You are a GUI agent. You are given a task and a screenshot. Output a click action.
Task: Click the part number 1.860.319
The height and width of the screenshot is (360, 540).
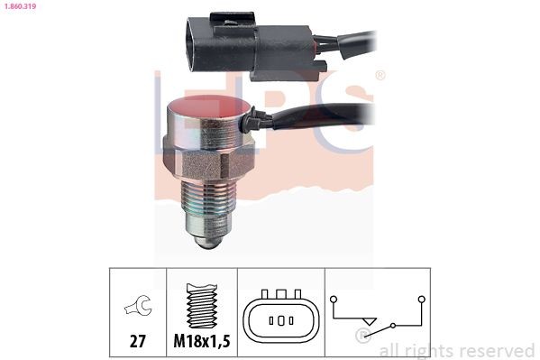point(19,5)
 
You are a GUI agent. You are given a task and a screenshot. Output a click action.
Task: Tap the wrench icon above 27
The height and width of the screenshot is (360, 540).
point(138,305)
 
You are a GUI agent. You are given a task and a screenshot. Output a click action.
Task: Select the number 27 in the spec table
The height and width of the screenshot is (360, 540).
point(137,341)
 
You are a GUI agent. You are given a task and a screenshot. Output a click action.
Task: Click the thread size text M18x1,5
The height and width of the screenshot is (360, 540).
point(201,341)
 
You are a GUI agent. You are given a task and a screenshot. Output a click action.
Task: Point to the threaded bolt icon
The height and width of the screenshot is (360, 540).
point(202,305)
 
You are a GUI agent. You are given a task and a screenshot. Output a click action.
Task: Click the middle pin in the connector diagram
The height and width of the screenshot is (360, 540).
point(280,320)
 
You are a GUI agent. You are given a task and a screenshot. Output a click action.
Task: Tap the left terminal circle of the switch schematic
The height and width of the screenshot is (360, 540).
point(334,300)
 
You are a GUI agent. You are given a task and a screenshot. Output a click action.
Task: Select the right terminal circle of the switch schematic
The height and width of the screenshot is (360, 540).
point(422,300)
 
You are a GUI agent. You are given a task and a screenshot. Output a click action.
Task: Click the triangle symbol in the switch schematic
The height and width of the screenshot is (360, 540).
point(370,322)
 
